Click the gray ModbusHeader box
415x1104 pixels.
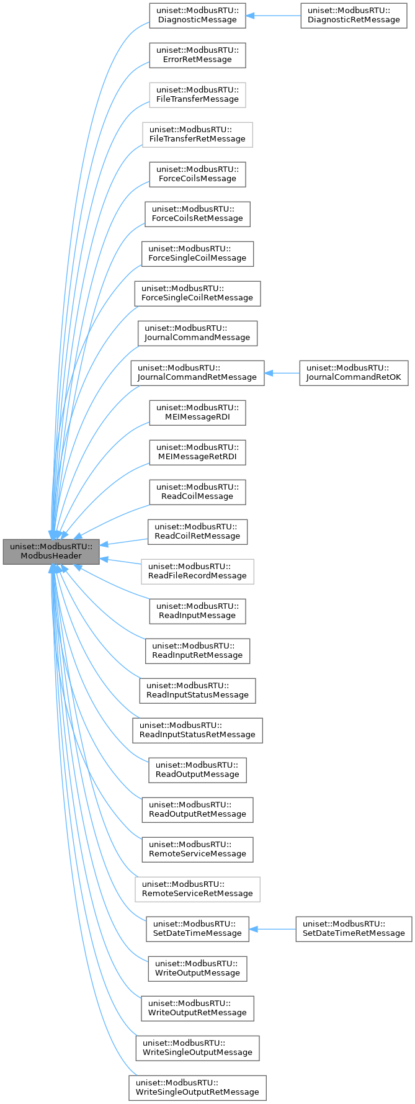pos(51,551)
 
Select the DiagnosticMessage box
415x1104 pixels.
pos(197,15)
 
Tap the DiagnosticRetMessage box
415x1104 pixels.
pos(354,15)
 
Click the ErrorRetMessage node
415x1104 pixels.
pos(197,55)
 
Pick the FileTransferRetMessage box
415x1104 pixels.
pos(197,134)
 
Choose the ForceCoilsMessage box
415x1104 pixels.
pos(197,174)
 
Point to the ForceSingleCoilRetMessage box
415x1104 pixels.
pos(197,293)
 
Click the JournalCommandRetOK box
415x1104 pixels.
pos(354,372)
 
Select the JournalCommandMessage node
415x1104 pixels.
pos(197,333)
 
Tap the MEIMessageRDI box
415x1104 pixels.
pos(197,412)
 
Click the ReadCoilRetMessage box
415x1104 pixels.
pos(197,531)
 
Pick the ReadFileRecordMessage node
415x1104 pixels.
pos(197,571)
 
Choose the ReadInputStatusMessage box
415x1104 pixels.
pos(197,690)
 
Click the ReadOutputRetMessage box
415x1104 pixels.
pos(197,809)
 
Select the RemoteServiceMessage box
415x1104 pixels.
pos(197,849)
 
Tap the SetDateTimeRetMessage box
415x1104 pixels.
pos(354,928)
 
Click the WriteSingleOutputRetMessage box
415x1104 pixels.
pos(197,1087)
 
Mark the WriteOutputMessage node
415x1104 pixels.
pos(197,968)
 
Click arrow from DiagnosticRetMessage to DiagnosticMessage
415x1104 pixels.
pos(273,15)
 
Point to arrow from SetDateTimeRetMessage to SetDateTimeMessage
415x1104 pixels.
pos(272,928)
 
